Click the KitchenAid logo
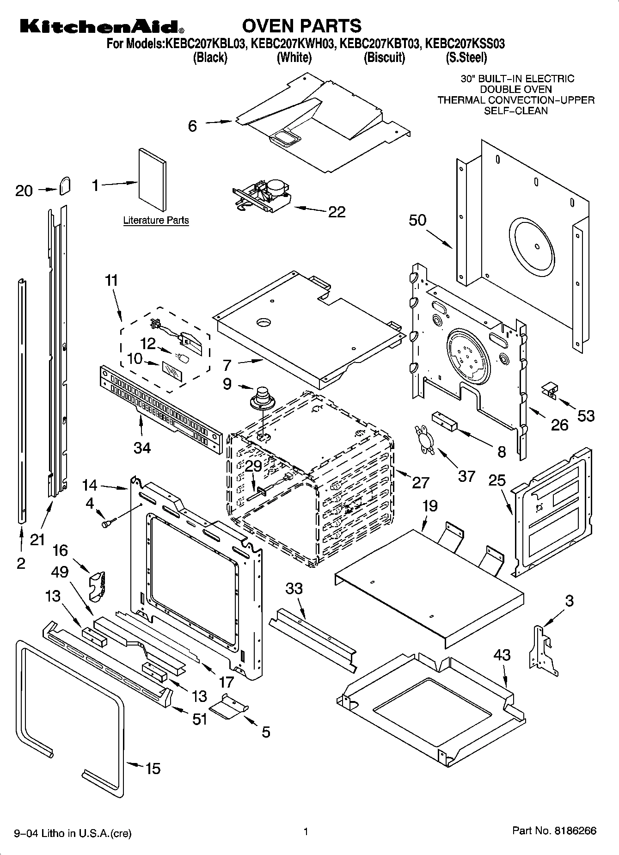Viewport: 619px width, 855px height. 100,26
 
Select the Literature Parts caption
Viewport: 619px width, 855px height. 156,221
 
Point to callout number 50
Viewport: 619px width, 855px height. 417,220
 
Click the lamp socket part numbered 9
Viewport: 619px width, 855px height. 262,399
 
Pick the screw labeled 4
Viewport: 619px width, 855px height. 108,523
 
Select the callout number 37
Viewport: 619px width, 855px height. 466,476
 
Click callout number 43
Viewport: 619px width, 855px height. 502,655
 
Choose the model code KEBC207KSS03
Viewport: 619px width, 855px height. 465,44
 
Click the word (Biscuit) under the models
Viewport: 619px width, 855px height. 384,58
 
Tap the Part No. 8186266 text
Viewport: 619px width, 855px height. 554,830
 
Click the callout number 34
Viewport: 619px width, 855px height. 142,448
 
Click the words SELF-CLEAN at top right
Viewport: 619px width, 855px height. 515,111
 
